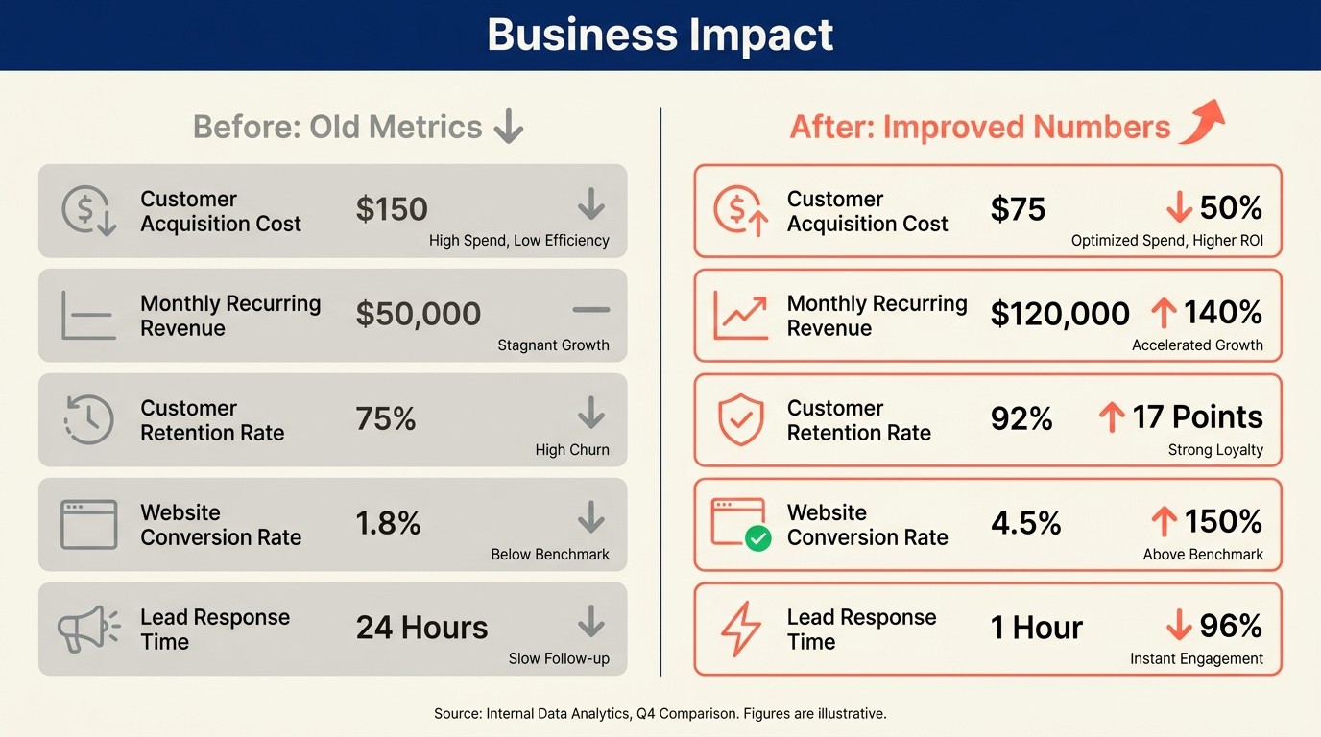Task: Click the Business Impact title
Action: (660, 36)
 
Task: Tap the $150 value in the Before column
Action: (392, 209)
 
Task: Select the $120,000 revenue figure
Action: (1060, 314)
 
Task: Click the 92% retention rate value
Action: (1021, 418)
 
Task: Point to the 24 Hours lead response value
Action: (421, 628)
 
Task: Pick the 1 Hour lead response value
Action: (1036, 628)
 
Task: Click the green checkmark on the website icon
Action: (758, 539)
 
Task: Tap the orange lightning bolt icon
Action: (740, 630)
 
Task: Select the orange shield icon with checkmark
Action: (740, 419)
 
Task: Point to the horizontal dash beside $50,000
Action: (590, 310)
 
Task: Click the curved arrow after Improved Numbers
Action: (1201, 123)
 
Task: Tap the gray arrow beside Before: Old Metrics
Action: (509, 127)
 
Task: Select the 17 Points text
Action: (1196, 417)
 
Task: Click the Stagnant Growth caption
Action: (553, 345)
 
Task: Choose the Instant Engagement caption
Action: (1196, 659)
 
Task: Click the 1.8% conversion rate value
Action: (388, 523)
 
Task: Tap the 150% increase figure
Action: (1222, 522)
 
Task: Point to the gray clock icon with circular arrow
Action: (88, 420)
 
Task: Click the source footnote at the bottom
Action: (660, 714)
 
